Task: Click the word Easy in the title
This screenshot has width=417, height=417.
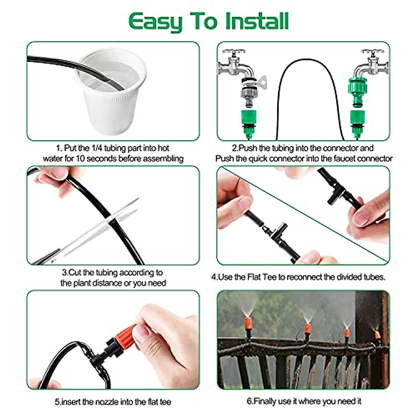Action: pos(155,22)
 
